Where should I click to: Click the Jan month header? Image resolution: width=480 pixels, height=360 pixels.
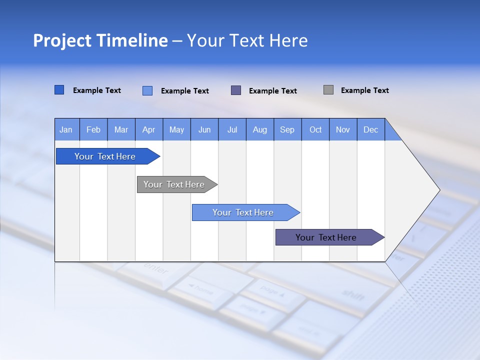coord(66,129)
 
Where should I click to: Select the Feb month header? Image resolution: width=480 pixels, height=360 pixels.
coord(93,129)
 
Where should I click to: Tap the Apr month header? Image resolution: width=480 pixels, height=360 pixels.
coord(148,129)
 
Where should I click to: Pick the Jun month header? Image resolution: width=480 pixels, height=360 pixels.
coord(204,129)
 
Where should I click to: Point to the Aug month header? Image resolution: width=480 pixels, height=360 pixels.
coord(259,129)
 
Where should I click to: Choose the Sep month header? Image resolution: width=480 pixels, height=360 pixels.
coord(287,129)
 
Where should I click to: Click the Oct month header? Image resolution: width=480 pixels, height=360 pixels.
coord(315,129)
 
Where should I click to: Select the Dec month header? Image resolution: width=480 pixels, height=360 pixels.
coord(370,129)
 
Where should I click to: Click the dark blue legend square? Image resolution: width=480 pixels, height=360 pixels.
coord(59,90)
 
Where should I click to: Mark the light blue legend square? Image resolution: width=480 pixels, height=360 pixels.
coord(147,90)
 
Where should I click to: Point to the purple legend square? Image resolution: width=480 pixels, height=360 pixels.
coord(236,90)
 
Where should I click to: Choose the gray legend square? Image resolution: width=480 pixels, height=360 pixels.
coord(328,90)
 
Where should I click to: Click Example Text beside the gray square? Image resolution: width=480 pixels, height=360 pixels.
coord(364,90)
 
